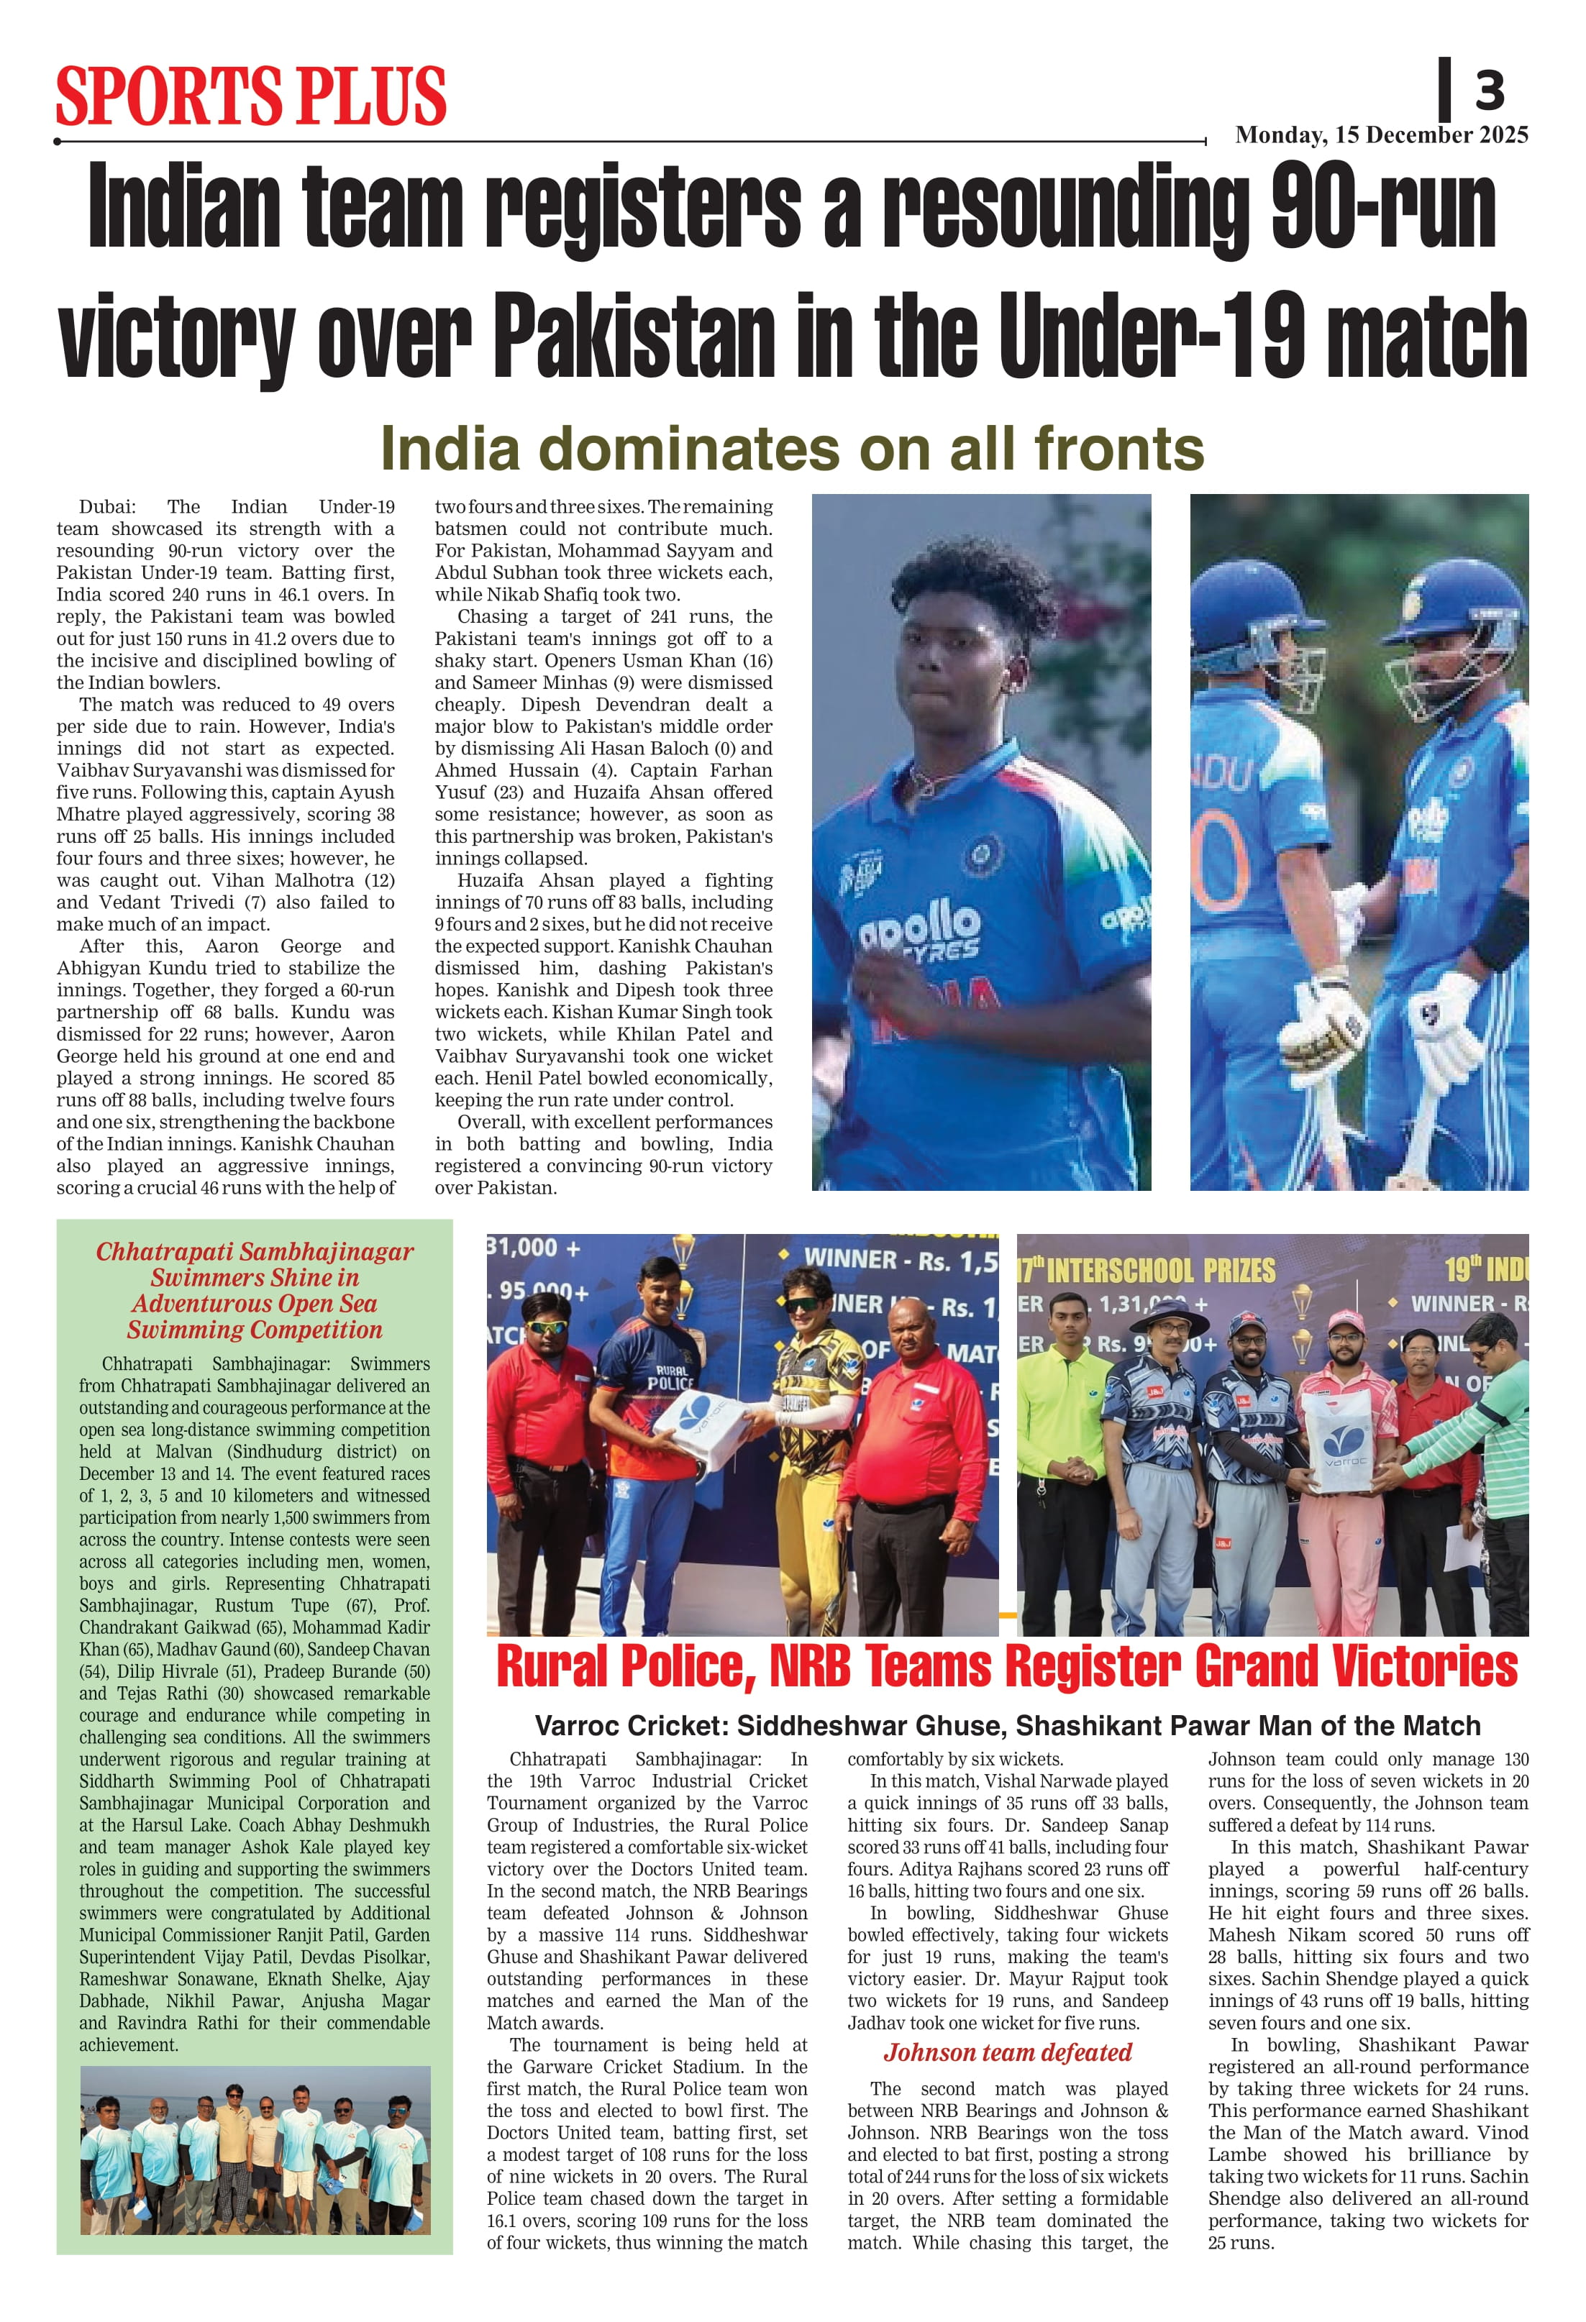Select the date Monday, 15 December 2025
coord(1381,135)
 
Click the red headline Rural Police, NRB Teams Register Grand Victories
coord(1006,1668)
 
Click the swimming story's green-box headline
coord(254,1290)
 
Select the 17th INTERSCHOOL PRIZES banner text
coord(1147,1270)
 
